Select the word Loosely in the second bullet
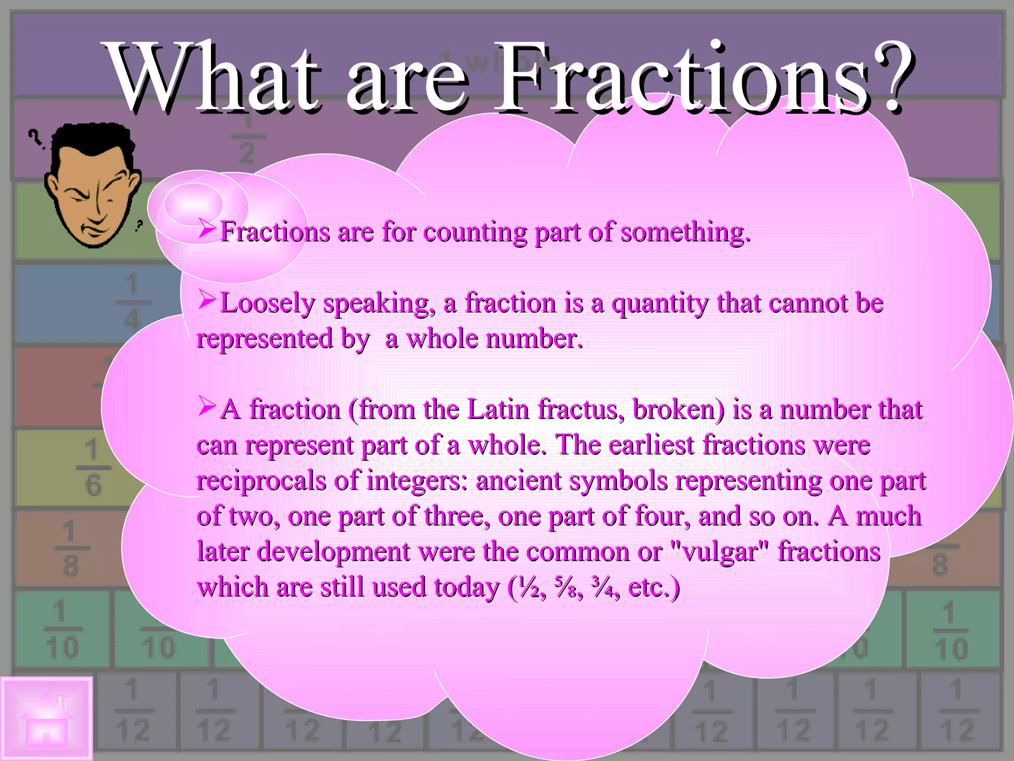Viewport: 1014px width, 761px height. click(267, 303)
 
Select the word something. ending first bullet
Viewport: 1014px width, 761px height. click(685, 232)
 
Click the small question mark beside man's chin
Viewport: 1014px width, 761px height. click(139, 225)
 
